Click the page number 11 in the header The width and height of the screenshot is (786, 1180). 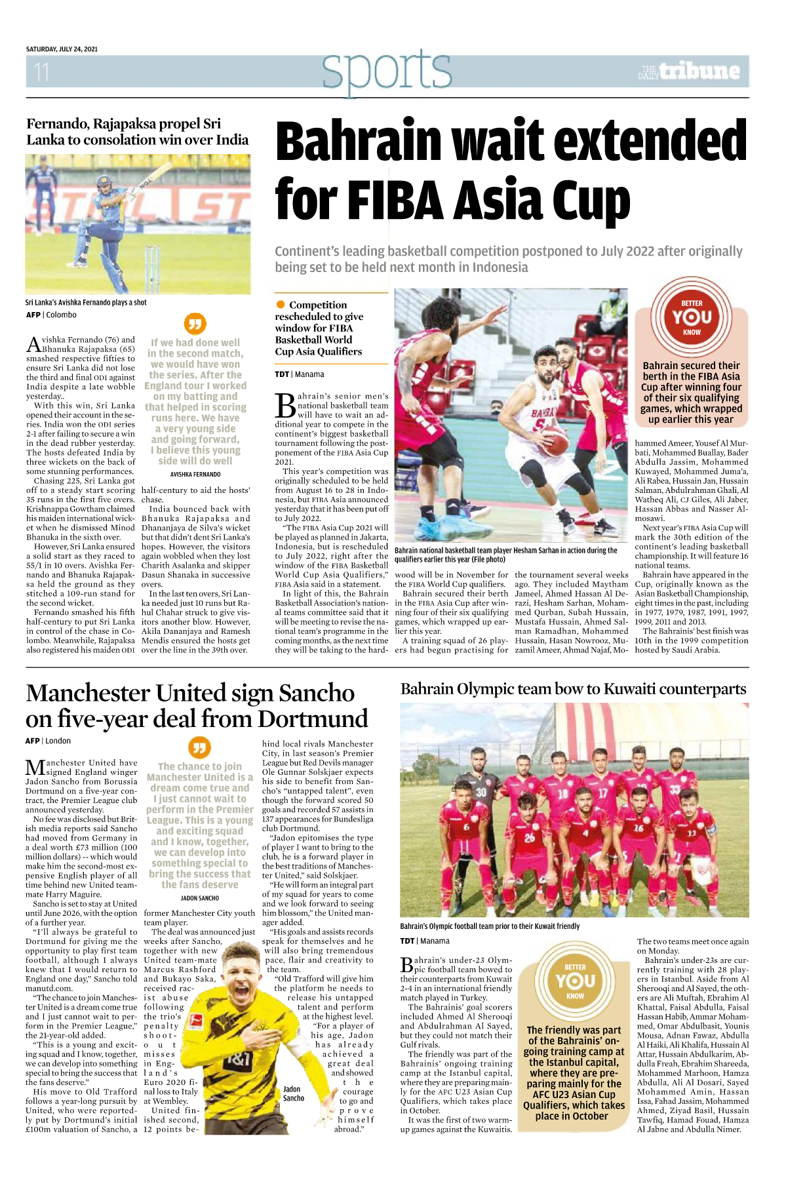click(x=41, y=71)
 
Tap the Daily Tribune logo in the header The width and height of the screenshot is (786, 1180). click(x=690, y=71)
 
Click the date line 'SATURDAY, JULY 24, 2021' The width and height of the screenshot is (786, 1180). click(x=62, y=49)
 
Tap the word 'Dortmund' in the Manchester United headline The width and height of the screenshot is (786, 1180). click(x=313, y=719)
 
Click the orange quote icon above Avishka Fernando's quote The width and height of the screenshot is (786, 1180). click(x=195, y=323)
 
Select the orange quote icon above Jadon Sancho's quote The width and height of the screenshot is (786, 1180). click(x=199, y=747)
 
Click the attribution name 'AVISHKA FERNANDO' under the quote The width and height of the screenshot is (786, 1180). click(x=195, y=474)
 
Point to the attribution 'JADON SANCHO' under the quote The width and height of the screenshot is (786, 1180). click(x=199, y=898)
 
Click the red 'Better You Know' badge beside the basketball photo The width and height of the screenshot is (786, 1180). click(x=692, y=317)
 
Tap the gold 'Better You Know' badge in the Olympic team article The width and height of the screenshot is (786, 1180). click(x=575, y=981)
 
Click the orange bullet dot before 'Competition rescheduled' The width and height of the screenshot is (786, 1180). click(x=281, y=305)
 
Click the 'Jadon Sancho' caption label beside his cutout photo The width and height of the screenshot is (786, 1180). click(x=293, y=1093)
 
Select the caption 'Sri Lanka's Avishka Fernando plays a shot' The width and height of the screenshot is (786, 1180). click(x=86, y=303)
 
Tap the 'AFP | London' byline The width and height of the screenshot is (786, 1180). click(x=48, y=741)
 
